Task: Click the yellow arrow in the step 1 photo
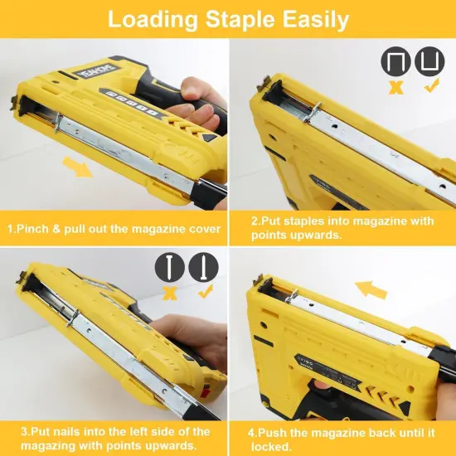coord(79,169)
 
